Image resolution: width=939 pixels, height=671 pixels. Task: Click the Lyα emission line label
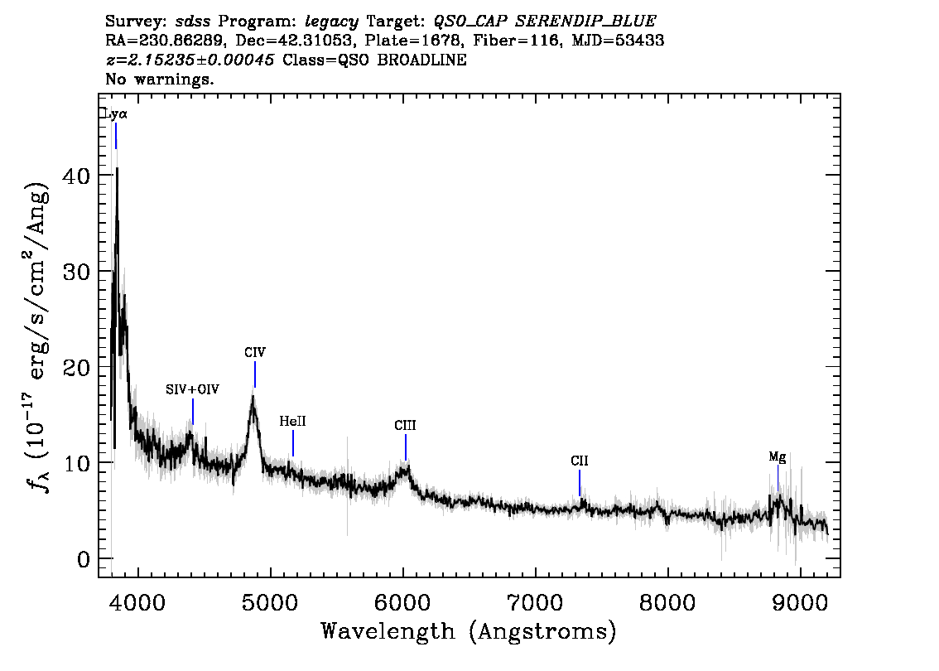tap(115, 114)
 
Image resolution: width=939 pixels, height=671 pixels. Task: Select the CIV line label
tap(255, 352)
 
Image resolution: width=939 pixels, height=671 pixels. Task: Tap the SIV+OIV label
tap(193, 389)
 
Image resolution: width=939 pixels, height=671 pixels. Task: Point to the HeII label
tap(292, 421)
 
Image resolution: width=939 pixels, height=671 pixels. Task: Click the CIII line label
tap(405, 425)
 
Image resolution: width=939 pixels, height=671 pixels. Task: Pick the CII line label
tap(580, 461)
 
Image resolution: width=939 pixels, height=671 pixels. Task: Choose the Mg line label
tap(778, 456)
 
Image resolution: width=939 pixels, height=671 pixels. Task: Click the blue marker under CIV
tap(255, 374)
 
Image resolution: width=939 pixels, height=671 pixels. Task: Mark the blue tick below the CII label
tap(580, 482)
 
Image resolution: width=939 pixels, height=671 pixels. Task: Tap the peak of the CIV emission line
tap(253, 397)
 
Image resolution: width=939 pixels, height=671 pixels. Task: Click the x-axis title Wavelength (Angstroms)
tap(469, 631)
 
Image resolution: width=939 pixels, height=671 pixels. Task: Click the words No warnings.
tap(160, 80)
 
